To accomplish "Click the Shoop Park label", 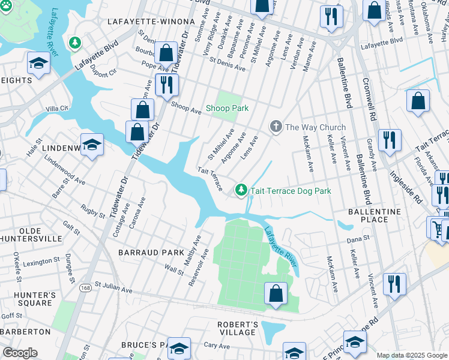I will click(227, 108).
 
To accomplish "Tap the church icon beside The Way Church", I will click(276, 127).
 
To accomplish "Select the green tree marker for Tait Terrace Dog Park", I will click(241, 190).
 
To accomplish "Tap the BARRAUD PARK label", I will click(151, 253).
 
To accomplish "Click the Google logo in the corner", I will click(20, 353).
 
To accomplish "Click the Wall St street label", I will click(174, 271).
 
